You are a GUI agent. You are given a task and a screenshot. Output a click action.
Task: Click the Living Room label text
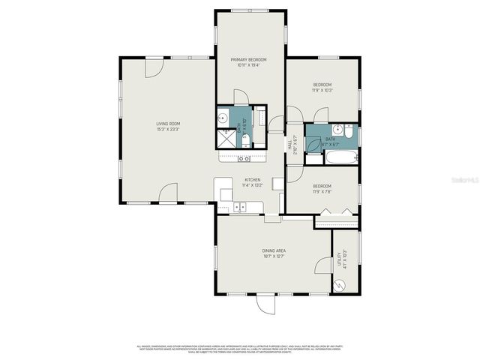168,124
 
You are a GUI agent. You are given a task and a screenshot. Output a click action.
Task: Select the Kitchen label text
252,180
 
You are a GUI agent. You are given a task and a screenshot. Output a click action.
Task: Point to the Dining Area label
273,250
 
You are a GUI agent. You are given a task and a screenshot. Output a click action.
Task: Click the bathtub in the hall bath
340,157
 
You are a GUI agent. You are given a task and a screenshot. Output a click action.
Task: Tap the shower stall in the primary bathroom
224,137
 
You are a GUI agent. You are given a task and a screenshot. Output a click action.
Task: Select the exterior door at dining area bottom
265,303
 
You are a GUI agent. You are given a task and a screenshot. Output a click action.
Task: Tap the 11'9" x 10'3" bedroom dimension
322,91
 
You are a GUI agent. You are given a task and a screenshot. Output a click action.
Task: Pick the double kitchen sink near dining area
240,206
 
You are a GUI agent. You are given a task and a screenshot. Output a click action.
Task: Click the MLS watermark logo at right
463,181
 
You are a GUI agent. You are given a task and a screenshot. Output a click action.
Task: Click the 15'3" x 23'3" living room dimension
168,129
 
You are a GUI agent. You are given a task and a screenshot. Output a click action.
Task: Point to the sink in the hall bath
337,129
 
